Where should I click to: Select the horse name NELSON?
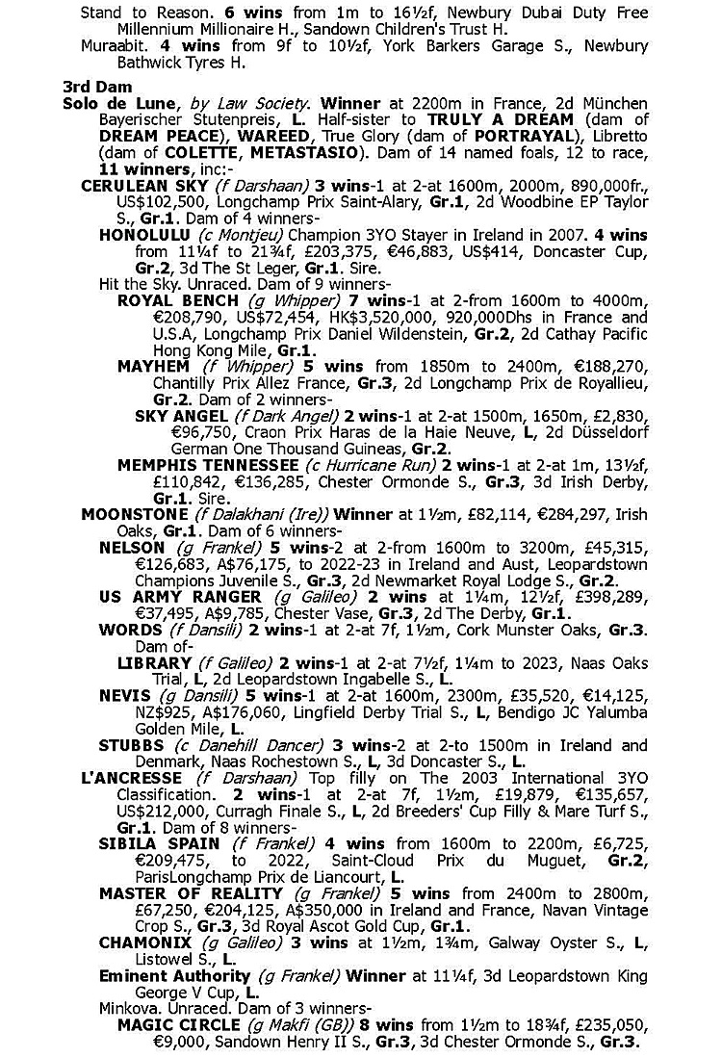click(x=132, y=547)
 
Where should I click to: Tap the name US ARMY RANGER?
click(x=167, y=597)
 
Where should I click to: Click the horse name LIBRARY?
click(x=154, y=663)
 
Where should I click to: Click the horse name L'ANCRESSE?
click(x=132, y=778)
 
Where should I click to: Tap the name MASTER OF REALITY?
click(x=177, y=893)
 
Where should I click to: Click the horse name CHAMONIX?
click(x=144, y=942)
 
